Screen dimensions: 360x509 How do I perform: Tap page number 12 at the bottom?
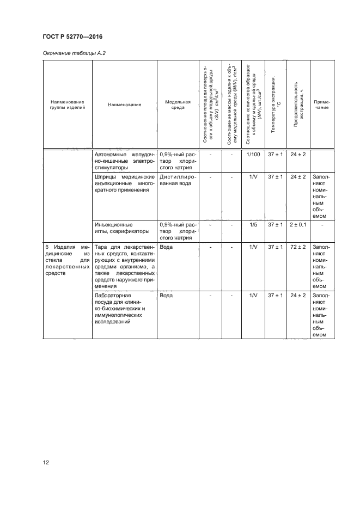pyautogui.click(x=46, y=462)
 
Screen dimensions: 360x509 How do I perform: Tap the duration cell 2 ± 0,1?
pyautogui.click(x=297, y=224)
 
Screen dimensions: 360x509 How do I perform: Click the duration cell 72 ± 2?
pyautogui.click(x=297, y=247)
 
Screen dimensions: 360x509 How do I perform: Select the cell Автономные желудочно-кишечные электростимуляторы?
pyautogui.click(x=125, y=162)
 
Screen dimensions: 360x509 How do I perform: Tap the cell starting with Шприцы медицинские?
pyautogui.click(x=125, y=184)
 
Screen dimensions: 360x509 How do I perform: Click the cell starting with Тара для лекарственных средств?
pyautogui.click(x=125, y=266)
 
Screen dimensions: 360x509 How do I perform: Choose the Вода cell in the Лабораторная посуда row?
pyautogui.click(x=167, y=295)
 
